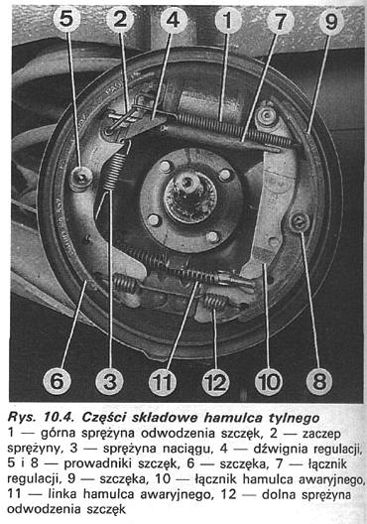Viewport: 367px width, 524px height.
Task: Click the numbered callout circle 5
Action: coord(66,19)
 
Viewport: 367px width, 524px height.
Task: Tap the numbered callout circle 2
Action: coord(120,19)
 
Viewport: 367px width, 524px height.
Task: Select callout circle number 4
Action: coord(174,20)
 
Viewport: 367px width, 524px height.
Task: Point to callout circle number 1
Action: coord(228,20)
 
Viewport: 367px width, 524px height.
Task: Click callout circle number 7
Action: coord(280,21)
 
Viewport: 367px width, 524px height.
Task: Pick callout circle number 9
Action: coord(331,22)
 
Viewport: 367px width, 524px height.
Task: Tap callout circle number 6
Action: coord(57,381)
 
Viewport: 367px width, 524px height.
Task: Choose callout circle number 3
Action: coord(109,381)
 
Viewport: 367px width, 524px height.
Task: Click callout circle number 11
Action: coord(163,382)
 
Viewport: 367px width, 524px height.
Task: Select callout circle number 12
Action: coord(215,382)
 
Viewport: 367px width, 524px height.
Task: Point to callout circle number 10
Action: coord(269,381)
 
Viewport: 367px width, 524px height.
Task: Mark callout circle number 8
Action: coord(319,381)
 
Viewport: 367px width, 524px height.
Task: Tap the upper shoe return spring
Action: coord(233,129)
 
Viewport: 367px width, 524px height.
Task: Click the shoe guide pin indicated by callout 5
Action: coord(80,177)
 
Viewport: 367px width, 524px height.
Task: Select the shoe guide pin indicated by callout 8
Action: coord(300,221)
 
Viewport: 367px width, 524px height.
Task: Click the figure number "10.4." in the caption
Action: coord(61,418)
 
